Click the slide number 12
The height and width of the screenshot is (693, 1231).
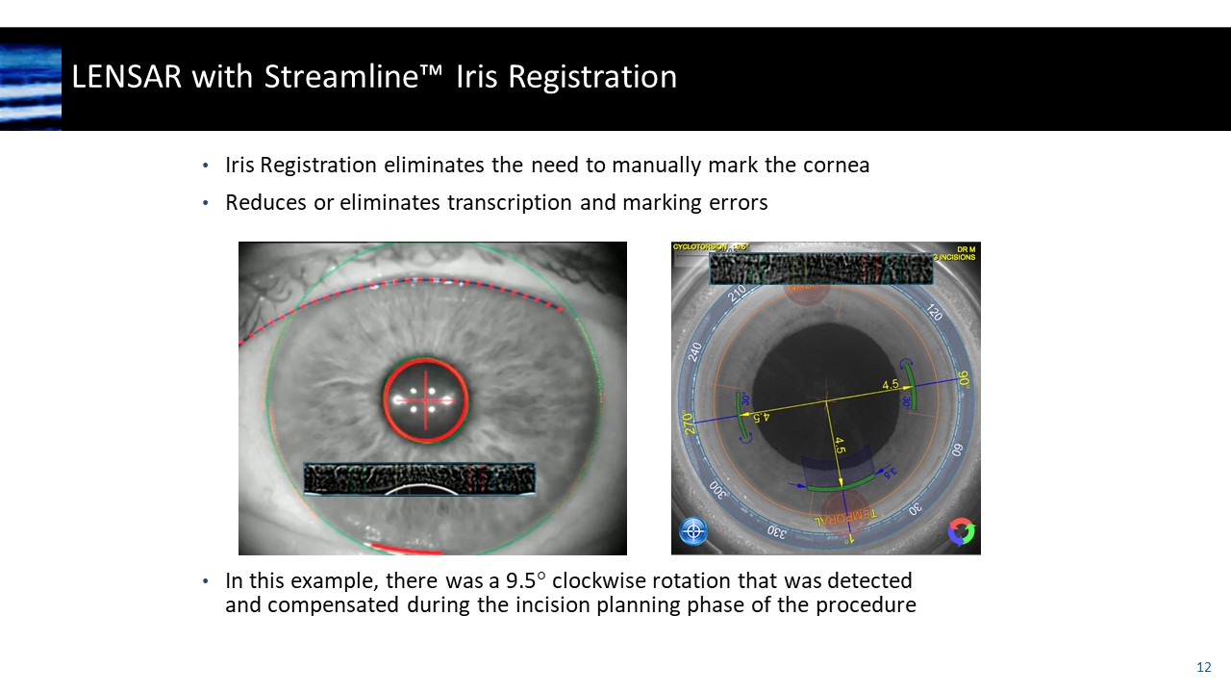[1203, 667]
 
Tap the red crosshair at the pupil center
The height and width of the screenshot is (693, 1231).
[425, 398]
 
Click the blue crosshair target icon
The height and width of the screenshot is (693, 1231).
[693, 531]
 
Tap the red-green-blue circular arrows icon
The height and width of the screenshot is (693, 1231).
[960, 531]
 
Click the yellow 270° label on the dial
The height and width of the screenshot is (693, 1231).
[690, 424]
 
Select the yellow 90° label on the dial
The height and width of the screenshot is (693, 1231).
[963, 379]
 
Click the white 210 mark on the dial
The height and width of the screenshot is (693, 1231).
[739, 294]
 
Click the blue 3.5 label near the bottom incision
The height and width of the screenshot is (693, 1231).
[891, 472]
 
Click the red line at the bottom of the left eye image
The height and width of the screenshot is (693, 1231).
[404, 549]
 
